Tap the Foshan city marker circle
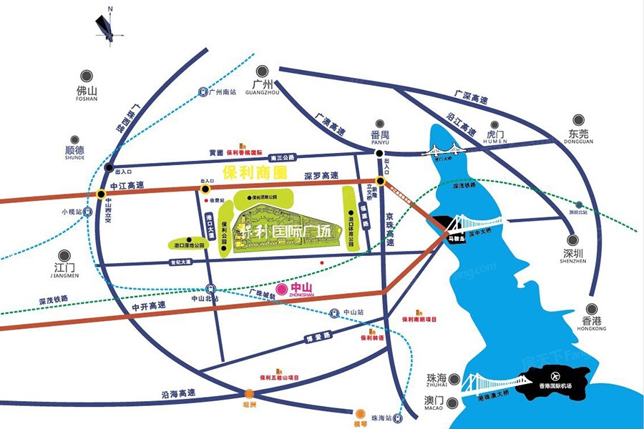[87, 74]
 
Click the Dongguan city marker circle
[577, 121]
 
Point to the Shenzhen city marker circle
[572, 242]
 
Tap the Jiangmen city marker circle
[64, 256]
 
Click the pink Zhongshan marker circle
[282, 288]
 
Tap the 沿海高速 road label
[178, 393]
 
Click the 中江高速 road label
[127, 185]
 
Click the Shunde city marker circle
[74, 140]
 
